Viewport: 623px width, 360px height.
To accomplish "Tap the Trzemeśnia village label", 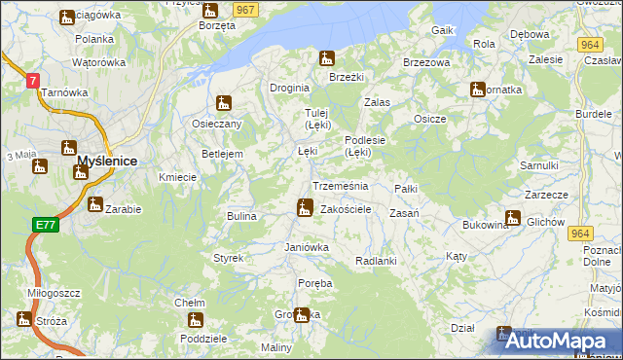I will coord(340,186).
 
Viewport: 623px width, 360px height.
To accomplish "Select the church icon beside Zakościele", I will coord(305,207).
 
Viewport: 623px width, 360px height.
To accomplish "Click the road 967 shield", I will coord(246,9).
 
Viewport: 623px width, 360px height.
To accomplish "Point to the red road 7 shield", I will coord(33,82).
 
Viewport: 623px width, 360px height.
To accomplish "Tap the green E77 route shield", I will coord(45,225).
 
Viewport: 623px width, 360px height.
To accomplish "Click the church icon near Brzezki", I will coord(327,58).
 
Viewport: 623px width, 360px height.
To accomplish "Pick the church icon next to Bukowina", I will coord(513,218).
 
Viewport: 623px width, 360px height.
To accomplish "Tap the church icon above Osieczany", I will coord(224,102).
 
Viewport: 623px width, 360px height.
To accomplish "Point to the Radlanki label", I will coord(376,261).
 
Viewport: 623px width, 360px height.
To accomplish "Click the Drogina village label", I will coord(289,88).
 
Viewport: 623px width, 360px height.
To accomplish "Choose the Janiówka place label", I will coord(307,247).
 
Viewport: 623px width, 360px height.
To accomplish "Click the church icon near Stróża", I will coord(23,318).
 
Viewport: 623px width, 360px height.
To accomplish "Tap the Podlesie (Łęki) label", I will coord(366,145).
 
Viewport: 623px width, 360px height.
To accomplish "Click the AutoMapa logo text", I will coord(560,341).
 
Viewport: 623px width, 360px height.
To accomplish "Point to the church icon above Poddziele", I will coord(196,319).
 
